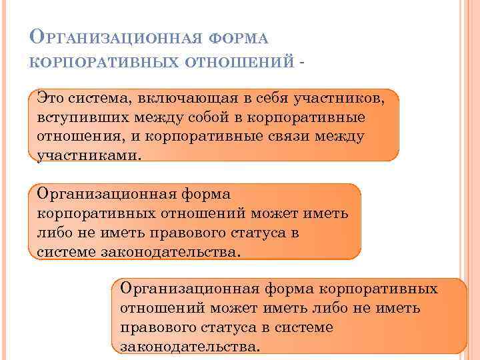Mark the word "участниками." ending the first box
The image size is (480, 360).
point(89,156)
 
